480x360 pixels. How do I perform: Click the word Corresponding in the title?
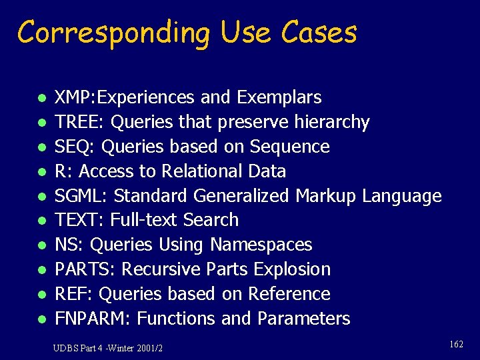[x=112, y=33]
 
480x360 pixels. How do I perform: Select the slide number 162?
[x=456, y=344]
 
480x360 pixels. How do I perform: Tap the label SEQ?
[x=70, y=147]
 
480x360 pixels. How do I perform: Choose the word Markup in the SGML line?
[x=326, y=196]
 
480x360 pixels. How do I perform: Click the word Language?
[x=402, y=197]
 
